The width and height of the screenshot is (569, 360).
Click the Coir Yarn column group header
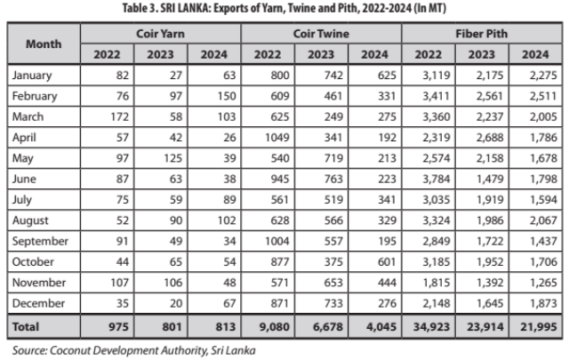tap(160, 34)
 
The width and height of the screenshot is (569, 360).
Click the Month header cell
tap(44, 43)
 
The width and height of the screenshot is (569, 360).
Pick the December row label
tap(38, 303)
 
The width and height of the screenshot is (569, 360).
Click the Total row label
tap(28, 326)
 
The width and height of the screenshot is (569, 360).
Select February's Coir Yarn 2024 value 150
tap(216, 96)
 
